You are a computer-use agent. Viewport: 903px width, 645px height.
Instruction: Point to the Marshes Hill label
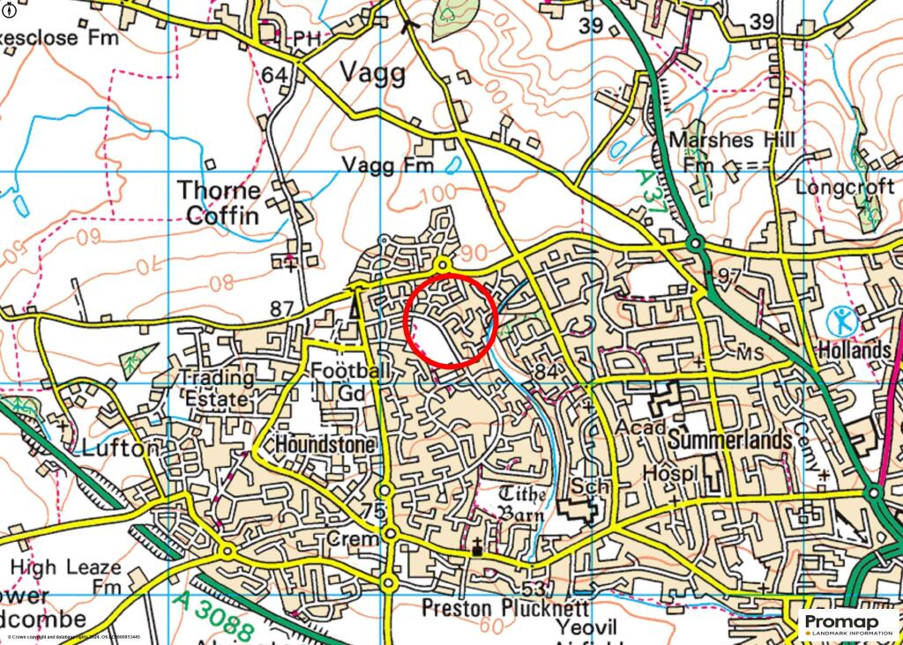click(732, 140)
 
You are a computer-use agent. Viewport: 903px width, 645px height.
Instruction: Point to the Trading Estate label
click(217, 389)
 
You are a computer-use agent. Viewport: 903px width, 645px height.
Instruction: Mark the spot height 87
click(281, 309)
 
